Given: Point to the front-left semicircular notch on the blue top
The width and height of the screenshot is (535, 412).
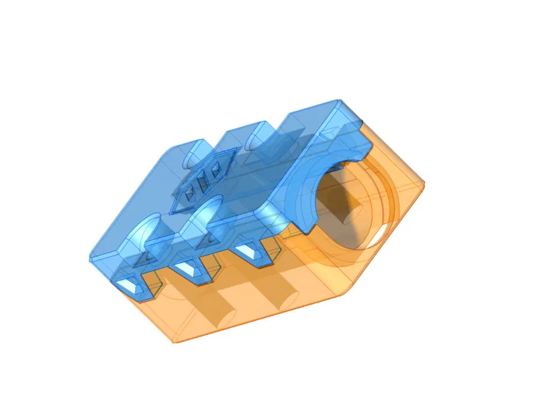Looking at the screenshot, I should click(x=148, y=227).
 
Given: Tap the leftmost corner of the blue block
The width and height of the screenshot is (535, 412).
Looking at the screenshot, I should click(x=91, y=257).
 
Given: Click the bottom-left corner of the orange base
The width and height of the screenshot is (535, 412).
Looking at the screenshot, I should click(x=173, y=341).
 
